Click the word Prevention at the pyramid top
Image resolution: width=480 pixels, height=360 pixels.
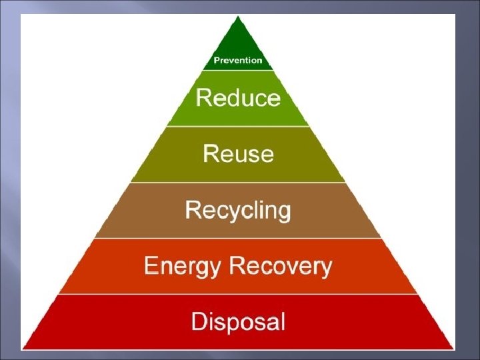pos(238,61)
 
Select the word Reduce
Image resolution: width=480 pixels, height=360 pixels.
pos(238,99)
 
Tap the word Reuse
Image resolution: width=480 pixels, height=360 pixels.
pos(238,154)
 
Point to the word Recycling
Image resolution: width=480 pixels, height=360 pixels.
pos(238,211)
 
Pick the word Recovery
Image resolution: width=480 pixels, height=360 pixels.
pos(281,267)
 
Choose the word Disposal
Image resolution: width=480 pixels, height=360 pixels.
pos(238,322)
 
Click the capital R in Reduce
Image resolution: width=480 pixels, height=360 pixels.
pos(203,99)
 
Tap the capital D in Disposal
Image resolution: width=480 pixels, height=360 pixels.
pos(199,322)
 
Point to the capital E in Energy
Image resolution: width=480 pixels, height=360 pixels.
pos(151,267)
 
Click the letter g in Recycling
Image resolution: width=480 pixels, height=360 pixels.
pos(283,213)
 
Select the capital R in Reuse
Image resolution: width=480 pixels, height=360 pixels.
pos(210,154)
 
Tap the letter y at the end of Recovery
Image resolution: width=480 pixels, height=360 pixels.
pos(325,269)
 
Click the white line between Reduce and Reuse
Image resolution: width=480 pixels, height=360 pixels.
pos(238,126)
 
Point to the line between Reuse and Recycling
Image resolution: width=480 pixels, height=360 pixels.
pos(238,182)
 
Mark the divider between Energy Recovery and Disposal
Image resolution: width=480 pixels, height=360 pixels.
pos(238,294)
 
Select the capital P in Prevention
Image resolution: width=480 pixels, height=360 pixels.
pos(216,61)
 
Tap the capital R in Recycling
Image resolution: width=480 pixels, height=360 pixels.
pos(193,211)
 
